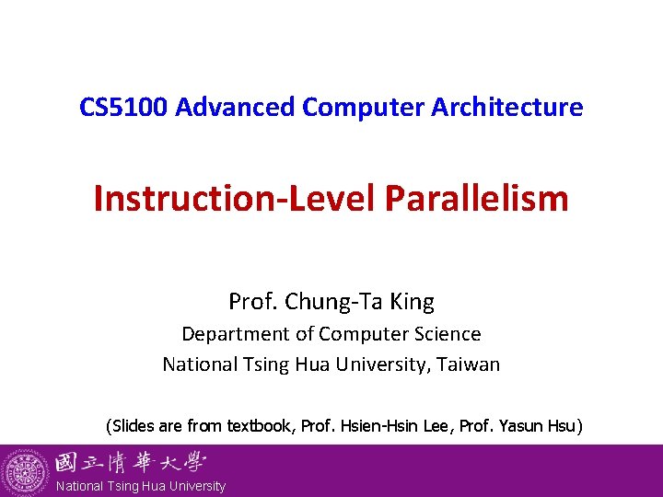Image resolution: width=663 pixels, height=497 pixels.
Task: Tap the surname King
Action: pyautogui.click(x=414, y=302)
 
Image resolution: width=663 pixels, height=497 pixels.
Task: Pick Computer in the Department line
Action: pyautogui.click(x=351, y=334)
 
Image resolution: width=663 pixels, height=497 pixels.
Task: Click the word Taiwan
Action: pyautogui.click(x=470, y=364)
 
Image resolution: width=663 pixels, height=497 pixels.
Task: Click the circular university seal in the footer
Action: pyautogui.click(x=26, y=471)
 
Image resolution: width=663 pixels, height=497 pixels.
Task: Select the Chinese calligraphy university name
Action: pyautogui.click(x=130, y=462)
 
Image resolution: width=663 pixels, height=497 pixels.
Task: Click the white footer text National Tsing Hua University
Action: pyautogui.click(x=141, y=486)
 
